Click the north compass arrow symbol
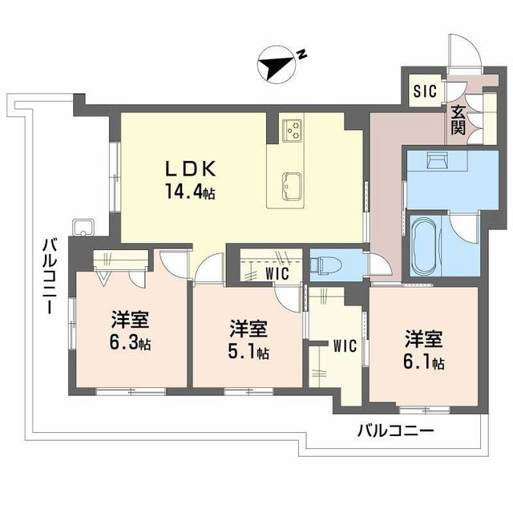[277, 66]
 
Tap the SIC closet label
[425, 91]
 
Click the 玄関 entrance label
[458, 119]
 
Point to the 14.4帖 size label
[191, 193]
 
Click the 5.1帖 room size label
[249, 349]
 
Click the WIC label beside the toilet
[280, 272]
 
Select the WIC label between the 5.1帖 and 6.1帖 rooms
[344, 346]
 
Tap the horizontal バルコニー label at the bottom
[395, 430]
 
